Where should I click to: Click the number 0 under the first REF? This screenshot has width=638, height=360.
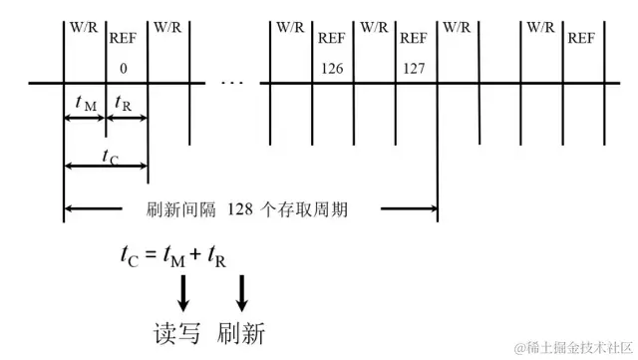click(x=124, y=70)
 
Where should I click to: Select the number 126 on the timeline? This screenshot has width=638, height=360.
click(x=333, y=70)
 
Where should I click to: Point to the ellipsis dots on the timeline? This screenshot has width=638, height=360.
click(x=231, y=81)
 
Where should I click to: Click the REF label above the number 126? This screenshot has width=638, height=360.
click(x=333, y=39)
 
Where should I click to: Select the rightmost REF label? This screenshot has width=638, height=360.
click(x=582, y=39)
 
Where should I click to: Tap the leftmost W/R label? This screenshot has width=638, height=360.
click(x=83, y=27)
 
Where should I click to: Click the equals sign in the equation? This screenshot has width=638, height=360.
click(x=152, y=257)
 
